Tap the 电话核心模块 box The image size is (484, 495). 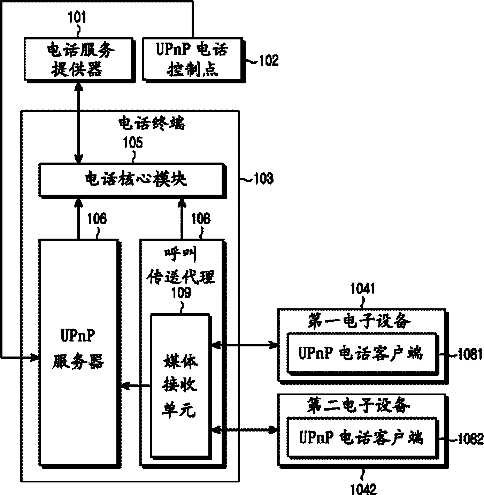(131, 179)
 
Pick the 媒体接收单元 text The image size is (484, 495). (179, 385)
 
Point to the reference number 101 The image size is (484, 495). (77, 17)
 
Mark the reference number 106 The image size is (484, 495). (97, 219)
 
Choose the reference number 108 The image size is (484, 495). (201, 219)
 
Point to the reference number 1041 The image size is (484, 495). (362, 289)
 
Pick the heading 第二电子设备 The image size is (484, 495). (359, 406)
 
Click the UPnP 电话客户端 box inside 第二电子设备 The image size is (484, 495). (361, 437)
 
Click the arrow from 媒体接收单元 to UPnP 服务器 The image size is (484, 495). (136, 385)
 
